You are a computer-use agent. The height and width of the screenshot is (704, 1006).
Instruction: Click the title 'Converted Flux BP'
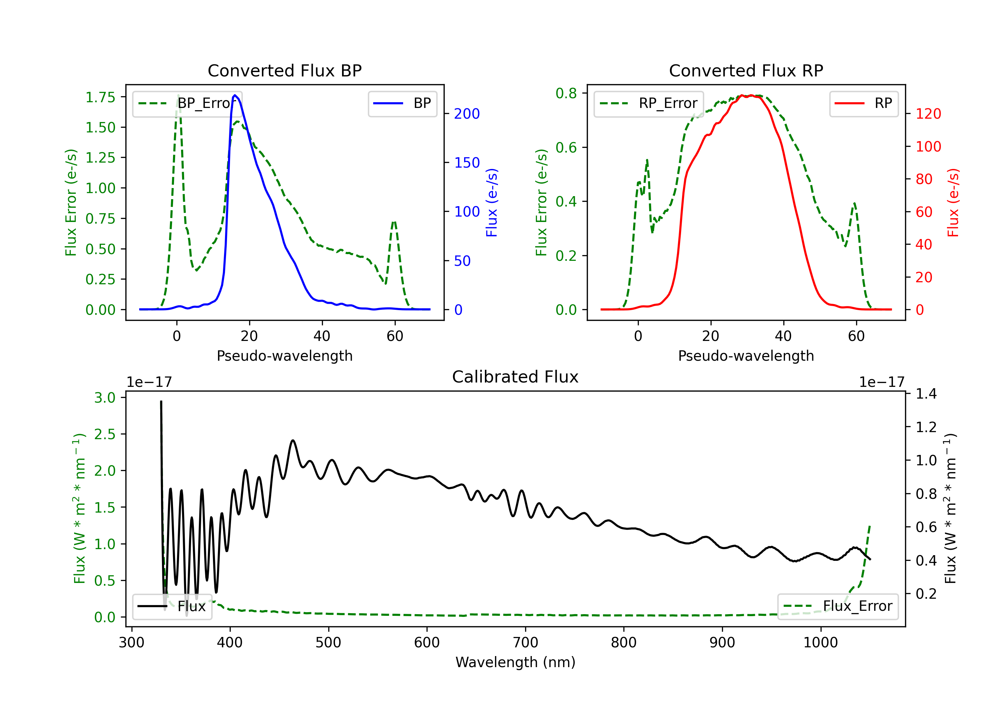(285, 70)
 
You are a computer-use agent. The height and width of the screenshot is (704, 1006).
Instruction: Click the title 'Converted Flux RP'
(746, 70)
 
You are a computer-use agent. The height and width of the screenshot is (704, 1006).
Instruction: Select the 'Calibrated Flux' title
(515, 377)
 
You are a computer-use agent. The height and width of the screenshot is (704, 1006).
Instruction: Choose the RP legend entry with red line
(863, 103)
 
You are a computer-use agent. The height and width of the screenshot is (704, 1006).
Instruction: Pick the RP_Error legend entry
(649, 103)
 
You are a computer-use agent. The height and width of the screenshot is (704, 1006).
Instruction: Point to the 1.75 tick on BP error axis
(100, 97)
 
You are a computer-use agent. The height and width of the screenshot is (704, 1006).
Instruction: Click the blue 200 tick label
(467, 114)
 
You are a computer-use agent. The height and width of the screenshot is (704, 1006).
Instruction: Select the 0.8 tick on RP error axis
(566, 93)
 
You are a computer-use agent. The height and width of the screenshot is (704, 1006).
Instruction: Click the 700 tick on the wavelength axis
(525, 643)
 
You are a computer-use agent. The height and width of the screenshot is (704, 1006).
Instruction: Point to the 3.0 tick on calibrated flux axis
(105, 398)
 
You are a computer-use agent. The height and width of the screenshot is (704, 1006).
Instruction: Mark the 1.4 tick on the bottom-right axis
(926, 394)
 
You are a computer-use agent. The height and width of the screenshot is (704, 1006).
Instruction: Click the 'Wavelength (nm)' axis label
(515, 662)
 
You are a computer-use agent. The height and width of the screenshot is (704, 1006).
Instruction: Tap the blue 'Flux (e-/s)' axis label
(492, 203)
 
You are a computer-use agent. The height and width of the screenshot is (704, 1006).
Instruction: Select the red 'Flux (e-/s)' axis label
(953, 203)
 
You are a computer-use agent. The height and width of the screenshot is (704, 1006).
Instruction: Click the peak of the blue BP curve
(235, 95)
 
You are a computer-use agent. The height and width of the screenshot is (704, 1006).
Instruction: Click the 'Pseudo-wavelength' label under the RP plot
(746, 356)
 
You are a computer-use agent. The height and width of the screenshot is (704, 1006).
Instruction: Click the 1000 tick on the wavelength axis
(821, 643)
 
